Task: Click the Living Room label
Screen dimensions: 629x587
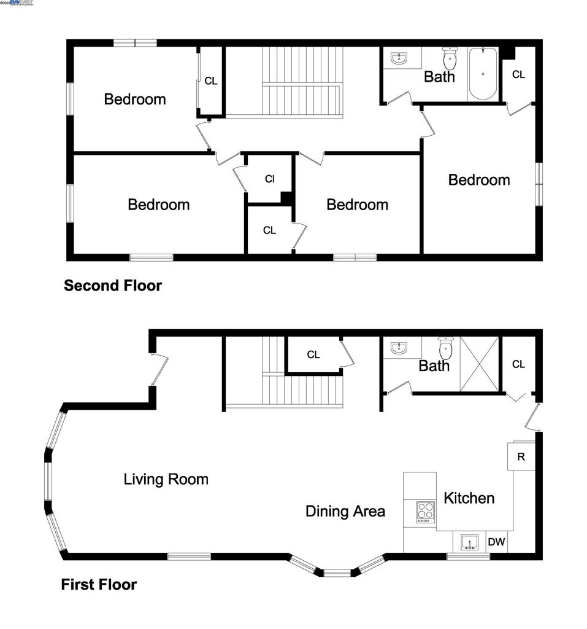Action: coord(166,479)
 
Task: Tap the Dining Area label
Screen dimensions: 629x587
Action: coord(345,511)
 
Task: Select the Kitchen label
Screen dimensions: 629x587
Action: coord(469,498)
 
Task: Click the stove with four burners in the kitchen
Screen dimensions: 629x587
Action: coord(425,512)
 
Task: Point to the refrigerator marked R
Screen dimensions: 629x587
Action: coord(521,457)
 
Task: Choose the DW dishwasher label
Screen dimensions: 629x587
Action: coord(496,542)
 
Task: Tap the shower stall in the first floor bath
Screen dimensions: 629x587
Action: coord(480,364)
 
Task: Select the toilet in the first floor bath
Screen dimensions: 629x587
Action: coord(445,350)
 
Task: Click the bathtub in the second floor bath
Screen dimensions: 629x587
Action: coord(483,74)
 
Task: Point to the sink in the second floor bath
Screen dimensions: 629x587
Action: coord(399,59)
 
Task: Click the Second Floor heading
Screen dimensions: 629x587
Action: coord(113,286)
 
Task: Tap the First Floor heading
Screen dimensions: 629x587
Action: coord(99,584)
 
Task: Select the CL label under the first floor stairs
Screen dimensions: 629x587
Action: coord(313,355)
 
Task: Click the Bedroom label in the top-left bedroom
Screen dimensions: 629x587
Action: coord(135,99)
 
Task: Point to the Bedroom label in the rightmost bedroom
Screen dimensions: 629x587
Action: coord(479,180)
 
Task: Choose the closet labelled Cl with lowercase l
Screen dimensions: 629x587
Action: coord(269,179)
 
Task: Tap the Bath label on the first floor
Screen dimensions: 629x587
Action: coord(434,366)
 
